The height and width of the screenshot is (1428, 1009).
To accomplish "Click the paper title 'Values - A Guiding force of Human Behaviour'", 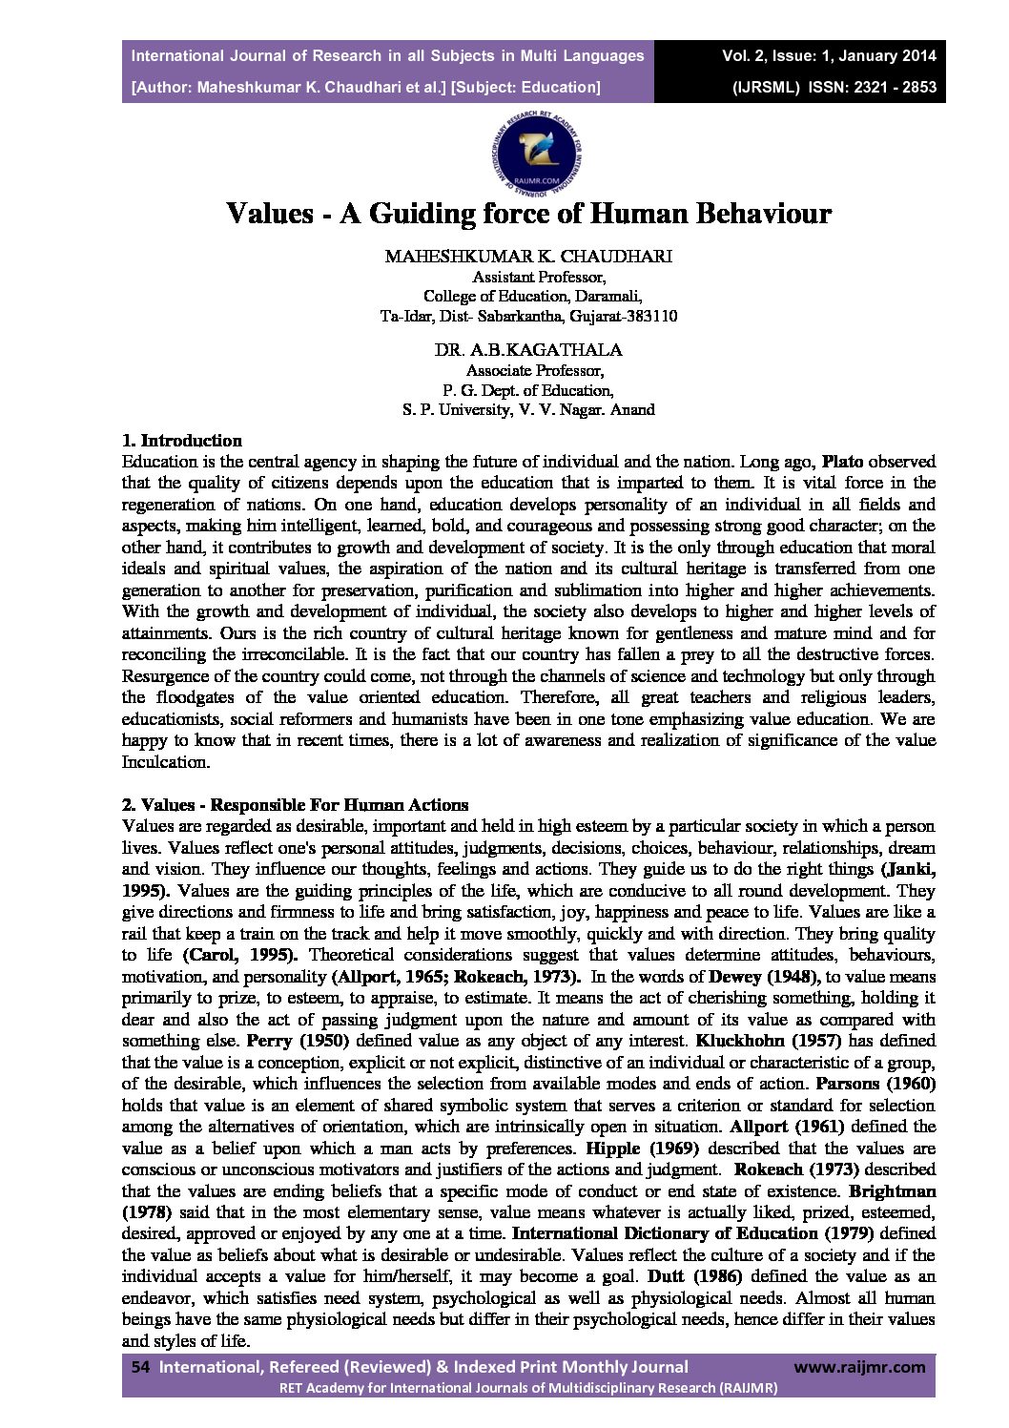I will click(528, 213).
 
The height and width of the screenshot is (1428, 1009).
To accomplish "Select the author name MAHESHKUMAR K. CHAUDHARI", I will click(528, 257).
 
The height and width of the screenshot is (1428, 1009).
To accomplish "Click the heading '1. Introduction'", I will click(182, 441).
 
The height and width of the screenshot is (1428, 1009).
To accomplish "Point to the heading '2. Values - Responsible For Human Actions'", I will click(296, 804).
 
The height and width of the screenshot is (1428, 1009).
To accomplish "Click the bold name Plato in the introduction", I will click(843, 462).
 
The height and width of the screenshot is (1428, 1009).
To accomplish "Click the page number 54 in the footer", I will click(140, 1367).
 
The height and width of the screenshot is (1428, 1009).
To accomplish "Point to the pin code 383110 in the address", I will click(652, 316).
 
